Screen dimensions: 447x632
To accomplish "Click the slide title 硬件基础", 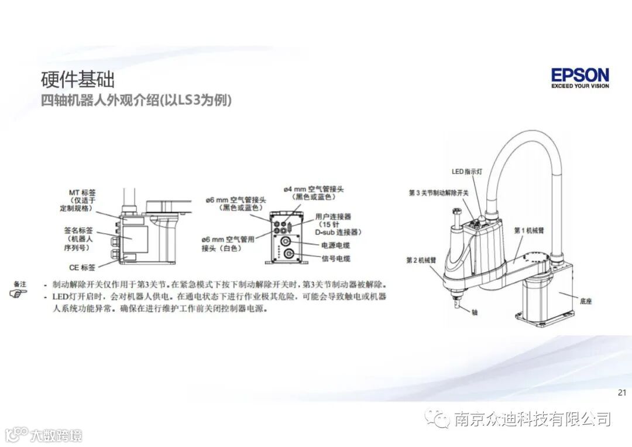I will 77,79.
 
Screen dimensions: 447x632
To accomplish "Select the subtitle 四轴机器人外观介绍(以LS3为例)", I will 136,100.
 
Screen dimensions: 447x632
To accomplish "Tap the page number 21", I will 622,393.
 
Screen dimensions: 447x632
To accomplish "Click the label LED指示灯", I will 466,172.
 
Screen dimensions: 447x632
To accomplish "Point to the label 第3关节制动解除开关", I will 439,193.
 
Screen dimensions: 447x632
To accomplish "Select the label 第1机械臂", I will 529,230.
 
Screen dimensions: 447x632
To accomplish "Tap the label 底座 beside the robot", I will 586,301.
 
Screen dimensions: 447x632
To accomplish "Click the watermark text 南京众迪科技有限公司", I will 532,419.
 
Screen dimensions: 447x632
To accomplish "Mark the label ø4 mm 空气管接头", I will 314,189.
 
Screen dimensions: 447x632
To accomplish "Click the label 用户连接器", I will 333,216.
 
